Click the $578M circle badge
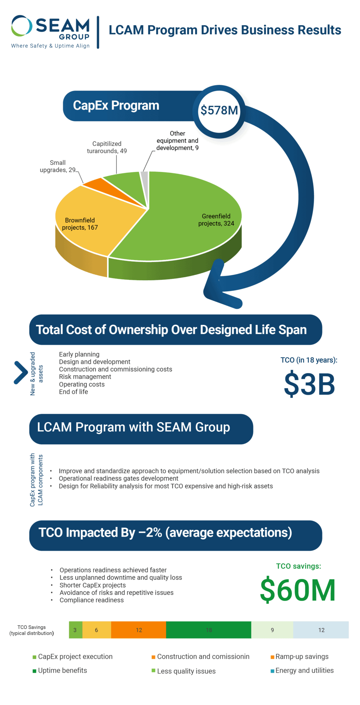(x=219, y=111)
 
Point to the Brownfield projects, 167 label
(x=80, y=224)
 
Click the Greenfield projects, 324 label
(x=216, y=220)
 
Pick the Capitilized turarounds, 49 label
(x=107, y=147)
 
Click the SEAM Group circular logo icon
(x=22, y=26)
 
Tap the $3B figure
(x=309, y=384)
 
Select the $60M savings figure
(x=298, y=590)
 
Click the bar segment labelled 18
(x=209, y=630)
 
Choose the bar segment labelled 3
(x=75, y=630)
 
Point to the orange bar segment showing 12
(x=139, y=630)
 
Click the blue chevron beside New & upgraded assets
(x=21, y=372)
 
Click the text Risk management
(x=85, y=377)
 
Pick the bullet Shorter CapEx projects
(x=93, y=585)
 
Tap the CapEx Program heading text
(x=116, y=106)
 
